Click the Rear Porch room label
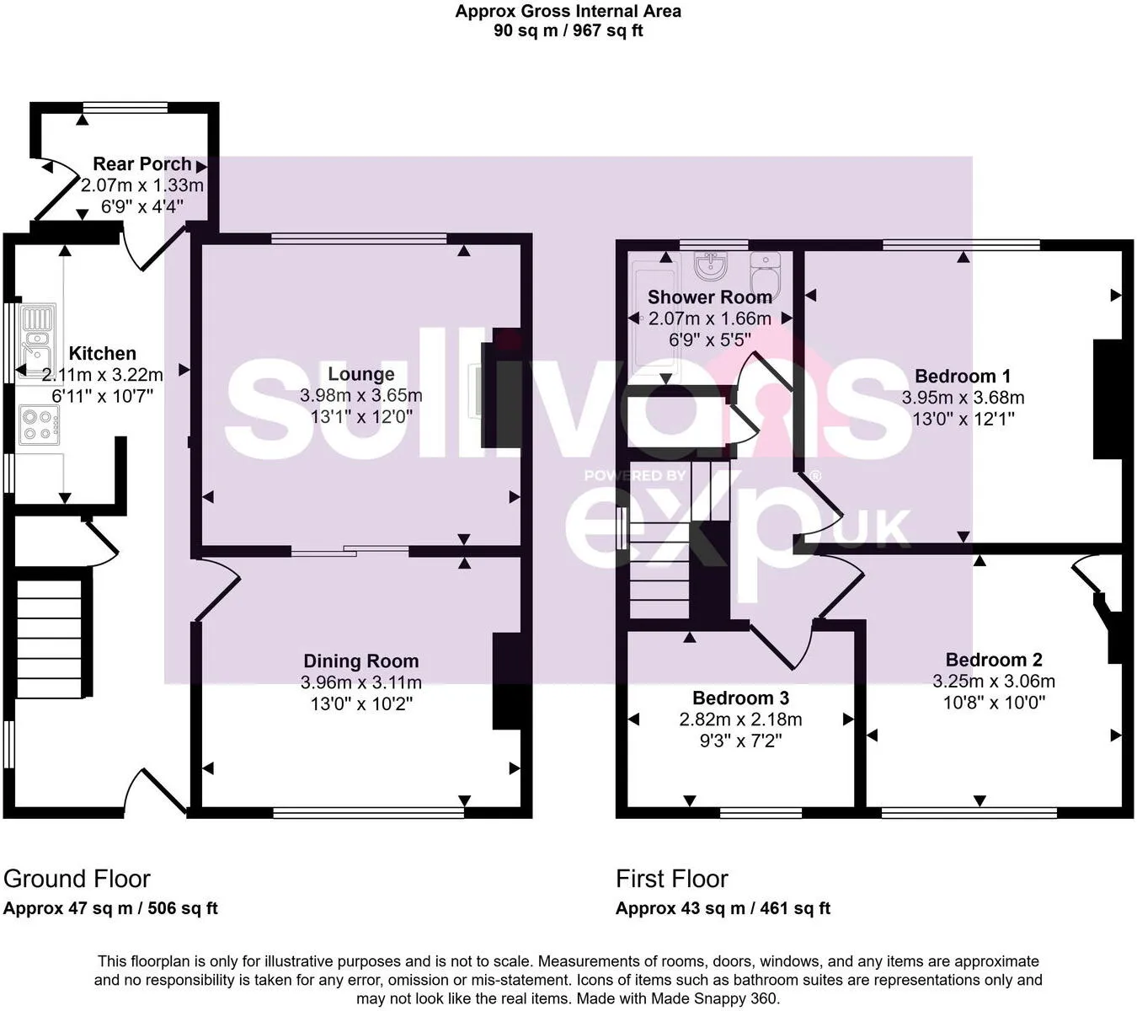pyautogui.click(x=141, y=163)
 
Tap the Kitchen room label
pyautogui.click(x=102, y=353)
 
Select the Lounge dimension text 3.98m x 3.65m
pyautogui.click(x=360, y=395)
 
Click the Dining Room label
pyautogui.click(x=360, y=661)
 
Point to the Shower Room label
pyautogui.click(x=709, y=297)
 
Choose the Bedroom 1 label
pyautogui.click(x=962, y=376)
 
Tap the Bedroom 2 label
pyautogui.click(x=994, y=660)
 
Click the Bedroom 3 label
pyautogui.click(x=740, y=698)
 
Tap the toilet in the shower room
pyautogui.click(x=766, y=272)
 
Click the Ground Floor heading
pyautogui.click(x=77, y=879)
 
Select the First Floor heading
pyautogui.click(x=671, y=879)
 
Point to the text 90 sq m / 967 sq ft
pyautogui.click(x=568, y=31)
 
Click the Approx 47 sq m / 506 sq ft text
pyautogui.click(x=110, y=908)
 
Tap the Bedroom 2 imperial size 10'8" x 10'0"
pyautogui.click(x=994, y=702)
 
